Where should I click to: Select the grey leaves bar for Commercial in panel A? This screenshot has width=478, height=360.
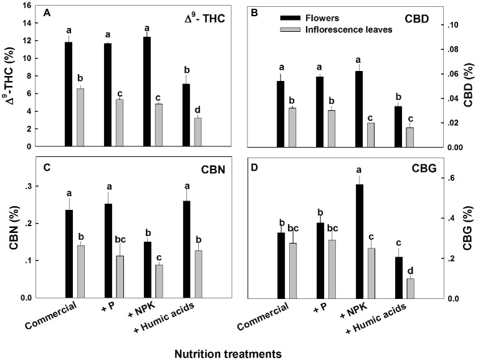[x=80, y=118]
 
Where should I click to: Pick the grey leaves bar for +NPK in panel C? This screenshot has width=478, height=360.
[x=160, y=281]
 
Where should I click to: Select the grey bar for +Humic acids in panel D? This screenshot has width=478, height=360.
[x=410, y=288]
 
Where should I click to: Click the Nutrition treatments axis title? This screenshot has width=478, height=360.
[x=229, y=352]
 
